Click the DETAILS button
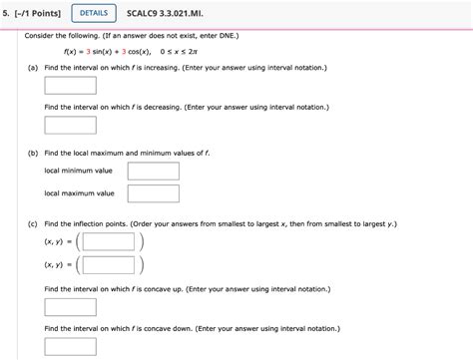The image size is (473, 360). pos(92,13)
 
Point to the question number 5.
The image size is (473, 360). pos(5,13)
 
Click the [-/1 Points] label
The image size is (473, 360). pos(37,13)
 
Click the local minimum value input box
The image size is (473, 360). pos(153,172)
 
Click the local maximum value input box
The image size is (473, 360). pos(153,193)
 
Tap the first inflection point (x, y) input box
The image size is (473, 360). pos(108,241)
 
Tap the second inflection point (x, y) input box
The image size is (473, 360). pos(108,264)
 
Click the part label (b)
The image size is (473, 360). pos(34,154)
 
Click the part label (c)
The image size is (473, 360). pos(34,224)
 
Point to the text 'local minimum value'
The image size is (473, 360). pos(79,172)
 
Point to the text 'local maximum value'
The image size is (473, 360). pos(80,193)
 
